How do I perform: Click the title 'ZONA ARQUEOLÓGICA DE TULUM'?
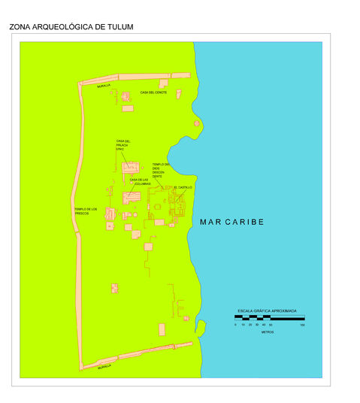(71, 27)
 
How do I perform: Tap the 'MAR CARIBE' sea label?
(232, 222)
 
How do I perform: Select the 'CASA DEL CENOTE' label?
(153, 92)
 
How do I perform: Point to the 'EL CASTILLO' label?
(183, 186)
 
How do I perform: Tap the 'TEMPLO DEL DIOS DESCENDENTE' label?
(161, 170)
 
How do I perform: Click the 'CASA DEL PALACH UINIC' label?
(123, 144)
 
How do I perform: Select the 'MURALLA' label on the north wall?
(103, 86)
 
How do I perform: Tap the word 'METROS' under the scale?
(268, 332)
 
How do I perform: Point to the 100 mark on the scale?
(302, 325)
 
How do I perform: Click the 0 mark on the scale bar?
(235, 325)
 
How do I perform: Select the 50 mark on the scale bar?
(271, 325)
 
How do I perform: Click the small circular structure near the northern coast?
(197, 123)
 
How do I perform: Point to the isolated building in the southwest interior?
(115, 288)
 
